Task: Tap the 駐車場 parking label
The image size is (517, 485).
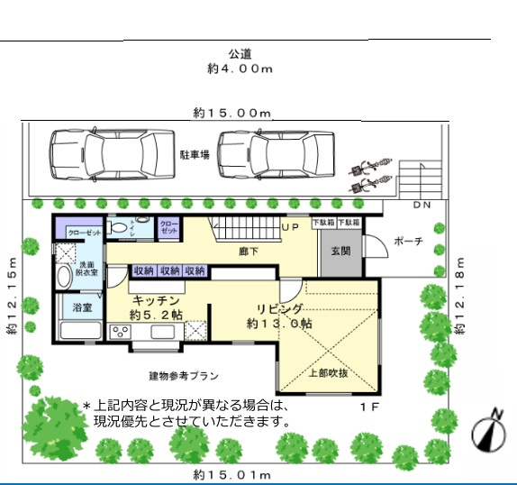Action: click(x=194, y=155)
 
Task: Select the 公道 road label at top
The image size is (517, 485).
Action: click(x=239, y=53)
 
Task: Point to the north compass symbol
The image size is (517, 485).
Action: click(x=486, y=430)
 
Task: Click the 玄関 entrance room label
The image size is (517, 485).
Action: click(x=340, y=252)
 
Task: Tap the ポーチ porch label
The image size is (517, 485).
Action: click(x=409, y=242)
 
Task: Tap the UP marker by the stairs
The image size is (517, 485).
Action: click(x=290, y=227)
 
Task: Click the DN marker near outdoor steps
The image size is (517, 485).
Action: click(x=422, y=206)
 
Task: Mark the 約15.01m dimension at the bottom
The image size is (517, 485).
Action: click(x=232, y=474)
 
